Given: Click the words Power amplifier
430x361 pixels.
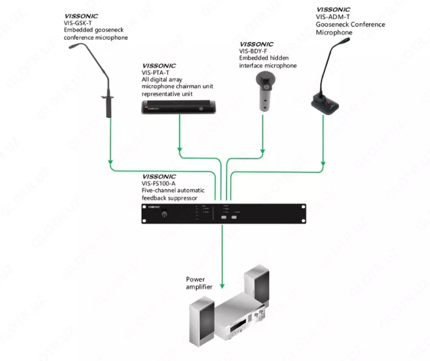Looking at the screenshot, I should (x=199, y=283).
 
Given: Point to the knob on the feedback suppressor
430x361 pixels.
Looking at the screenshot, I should (x=165, y=214).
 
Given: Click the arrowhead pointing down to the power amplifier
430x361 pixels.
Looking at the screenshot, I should (x=222, y=286).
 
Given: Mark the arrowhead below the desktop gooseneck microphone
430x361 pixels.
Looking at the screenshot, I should (x=323, y=164).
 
